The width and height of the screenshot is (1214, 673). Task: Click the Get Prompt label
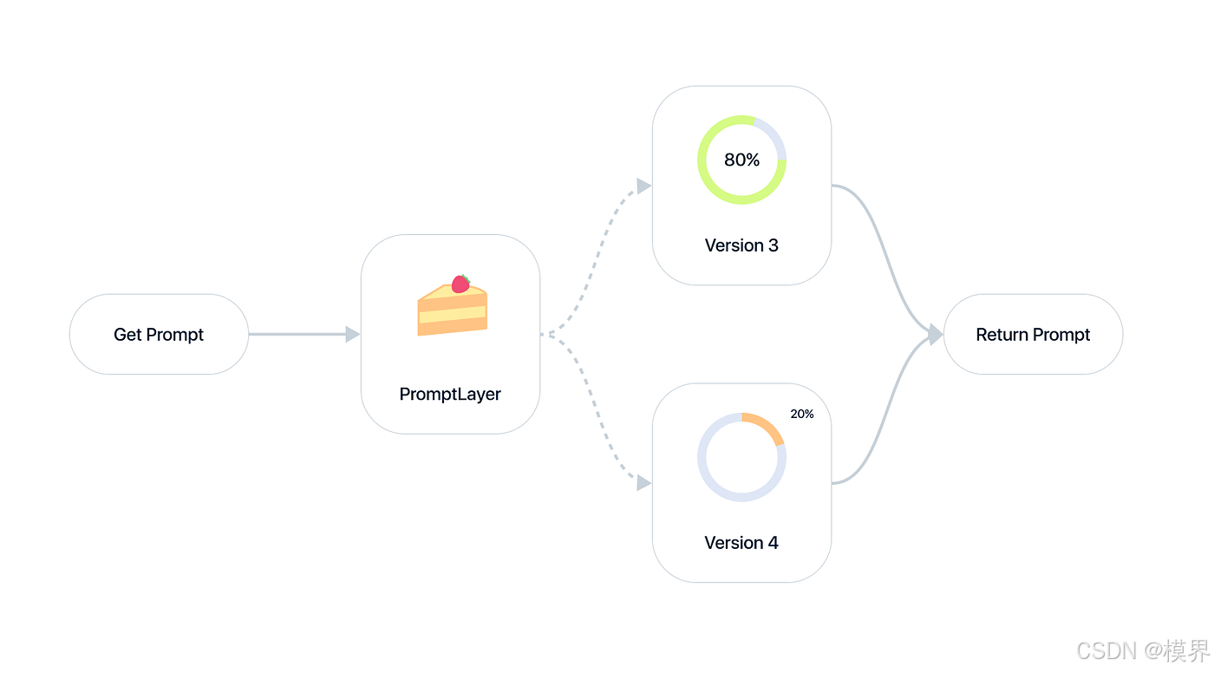coord(159,335)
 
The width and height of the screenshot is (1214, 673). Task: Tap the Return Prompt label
coord(1033,335)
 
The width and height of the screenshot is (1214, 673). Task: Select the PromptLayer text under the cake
coord(450,395)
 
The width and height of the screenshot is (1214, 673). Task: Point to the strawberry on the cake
coord(460,284)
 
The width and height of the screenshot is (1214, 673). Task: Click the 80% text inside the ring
coord(741,160)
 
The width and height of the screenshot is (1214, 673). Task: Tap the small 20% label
coord(802,415)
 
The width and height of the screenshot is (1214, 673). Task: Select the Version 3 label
coord(741,245)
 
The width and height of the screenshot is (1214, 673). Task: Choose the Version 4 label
coord(741,543)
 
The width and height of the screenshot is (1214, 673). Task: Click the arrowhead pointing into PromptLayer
coord(352,334)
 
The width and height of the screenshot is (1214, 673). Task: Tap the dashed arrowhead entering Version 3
coord(643,186)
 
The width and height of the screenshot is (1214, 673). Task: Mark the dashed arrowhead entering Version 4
coord(643,483)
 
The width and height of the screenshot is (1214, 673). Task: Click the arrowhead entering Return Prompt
coord(935,334)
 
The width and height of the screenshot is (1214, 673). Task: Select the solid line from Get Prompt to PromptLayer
coord(295,334)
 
